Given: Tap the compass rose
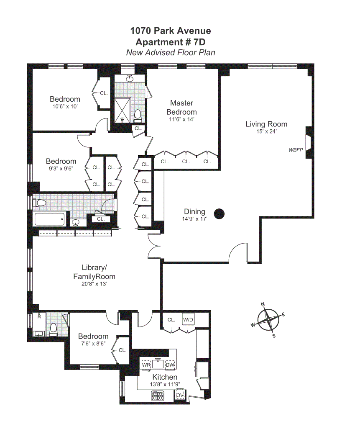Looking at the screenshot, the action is [x=268, y=320].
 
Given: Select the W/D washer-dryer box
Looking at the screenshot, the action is [x=188, y=320].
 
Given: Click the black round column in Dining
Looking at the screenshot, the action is [x=219, y=214].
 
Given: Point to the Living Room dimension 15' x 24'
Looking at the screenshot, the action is [x=266, y=131].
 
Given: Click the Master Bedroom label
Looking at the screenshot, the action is [x=181, y=107].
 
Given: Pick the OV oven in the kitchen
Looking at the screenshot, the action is [x=180, y=395].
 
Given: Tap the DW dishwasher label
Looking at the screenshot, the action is [x=170, y=365].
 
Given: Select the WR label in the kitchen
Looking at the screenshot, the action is [x=146, y=365].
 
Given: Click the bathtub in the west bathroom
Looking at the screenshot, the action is [x=50, y=219].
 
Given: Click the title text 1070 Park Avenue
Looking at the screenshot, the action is [x=171, y=31].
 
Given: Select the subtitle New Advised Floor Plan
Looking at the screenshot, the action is [x=171, y=53].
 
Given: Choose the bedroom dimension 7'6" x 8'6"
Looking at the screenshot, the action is [x=93, y=343].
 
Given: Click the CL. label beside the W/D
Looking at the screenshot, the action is [x=171, y=320].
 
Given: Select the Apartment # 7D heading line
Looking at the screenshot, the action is [x=171, y=42].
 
